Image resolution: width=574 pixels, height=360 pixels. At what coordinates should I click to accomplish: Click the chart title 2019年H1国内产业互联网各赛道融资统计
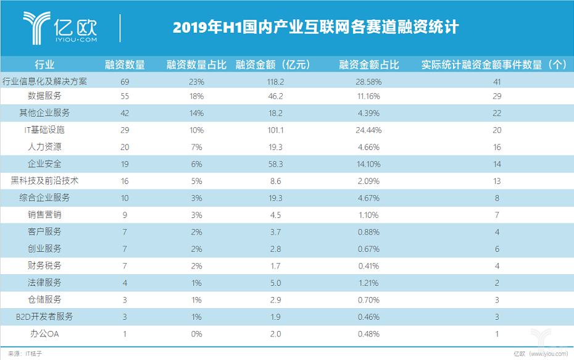(x=315, y=28)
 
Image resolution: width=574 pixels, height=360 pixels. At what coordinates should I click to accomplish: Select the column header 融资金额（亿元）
(x=273, y=64)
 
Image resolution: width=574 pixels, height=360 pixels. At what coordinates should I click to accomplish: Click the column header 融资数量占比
(x=196, y=64)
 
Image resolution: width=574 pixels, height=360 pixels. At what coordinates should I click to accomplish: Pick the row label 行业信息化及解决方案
(x=44, y=81)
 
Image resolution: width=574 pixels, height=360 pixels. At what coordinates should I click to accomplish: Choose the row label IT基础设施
(x=44, y=130)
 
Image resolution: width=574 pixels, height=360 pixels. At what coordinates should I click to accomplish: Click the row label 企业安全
(x=44, y=164)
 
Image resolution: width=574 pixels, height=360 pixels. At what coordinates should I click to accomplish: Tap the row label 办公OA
(x=44, y=333)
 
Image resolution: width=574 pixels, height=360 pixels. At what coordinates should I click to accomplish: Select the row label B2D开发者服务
(x=44, y=316)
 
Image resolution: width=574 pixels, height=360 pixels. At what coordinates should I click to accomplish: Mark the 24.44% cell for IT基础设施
(x=369, y=130)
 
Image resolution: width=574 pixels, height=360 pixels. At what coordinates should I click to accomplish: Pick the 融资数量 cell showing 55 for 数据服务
(x=125, y=96)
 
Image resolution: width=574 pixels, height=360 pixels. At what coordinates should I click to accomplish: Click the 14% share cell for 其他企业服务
(x=196, y=114)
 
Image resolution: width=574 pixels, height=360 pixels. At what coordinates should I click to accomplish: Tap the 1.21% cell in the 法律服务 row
(x=369, y=283)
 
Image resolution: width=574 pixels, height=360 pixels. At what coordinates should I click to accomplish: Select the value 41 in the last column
(x=497, y=82)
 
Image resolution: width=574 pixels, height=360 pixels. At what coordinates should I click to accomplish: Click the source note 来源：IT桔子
(x=25, y=354)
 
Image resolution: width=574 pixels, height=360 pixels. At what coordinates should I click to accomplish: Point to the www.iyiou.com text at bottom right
(x=549, y=354)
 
